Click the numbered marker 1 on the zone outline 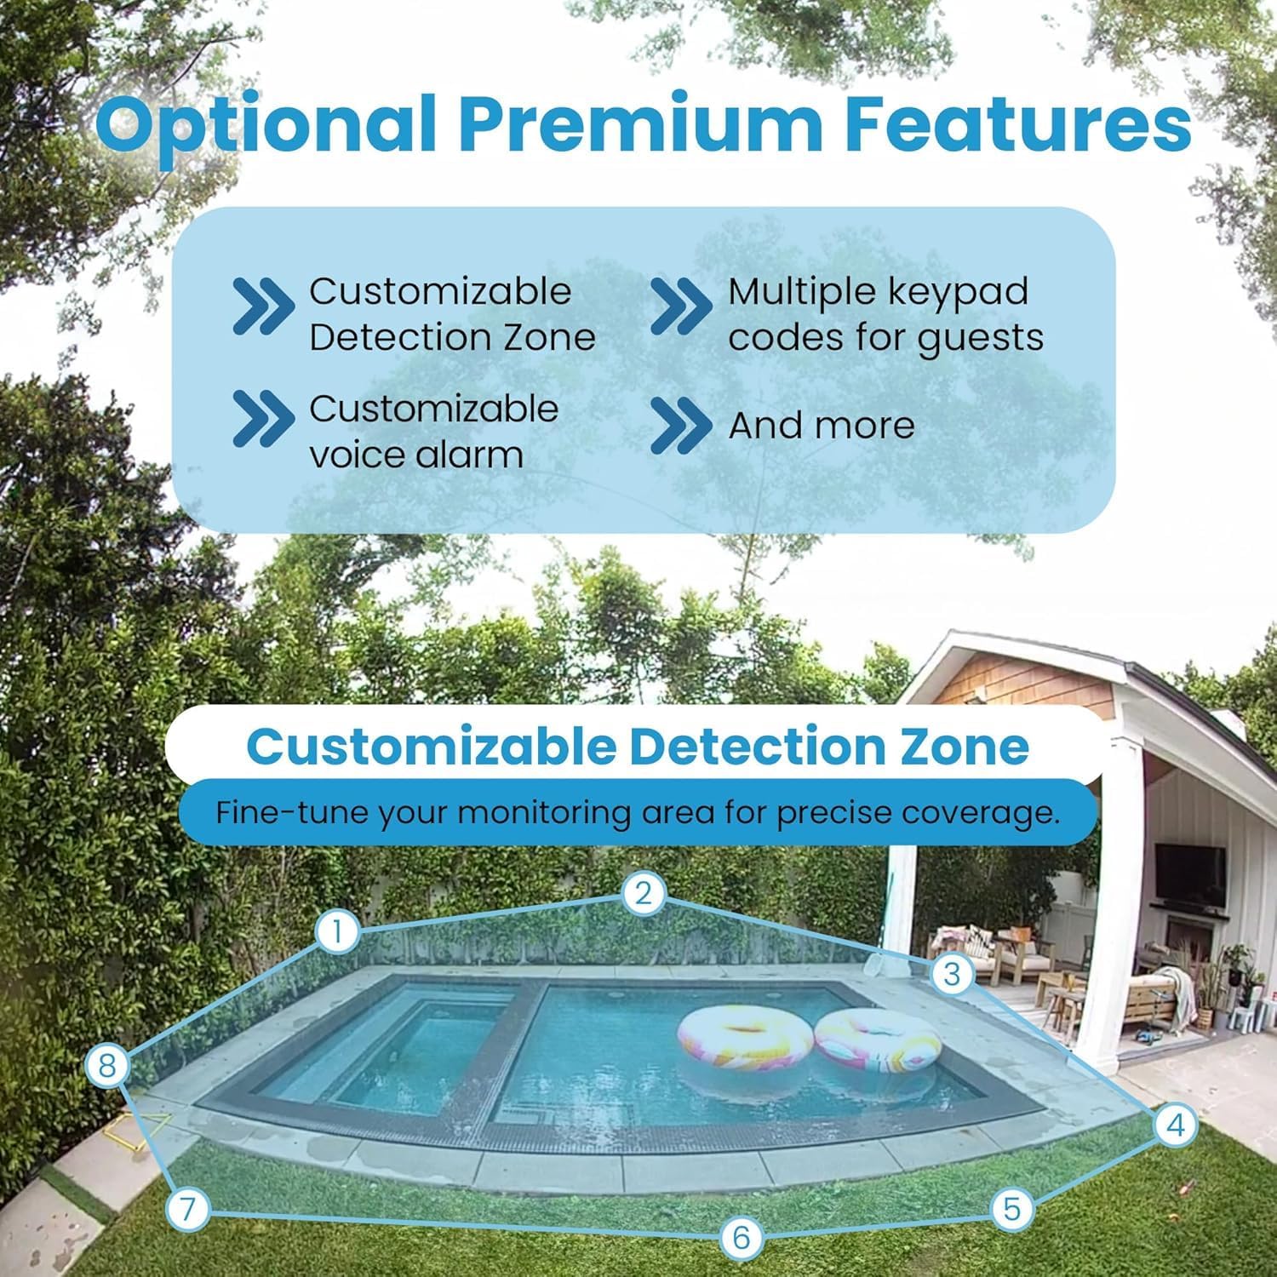point(338,931)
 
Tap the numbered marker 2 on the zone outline point(643,893)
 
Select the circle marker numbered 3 point(952,973)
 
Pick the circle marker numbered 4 point(1176,1125)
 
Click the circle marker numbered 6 point(741,1236)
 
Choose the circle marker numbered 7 point(188,1209)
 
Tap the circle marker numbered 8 point(107,1066)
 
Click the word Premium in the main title point(641,123)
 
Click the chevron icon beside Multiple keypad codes point(679,306)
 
